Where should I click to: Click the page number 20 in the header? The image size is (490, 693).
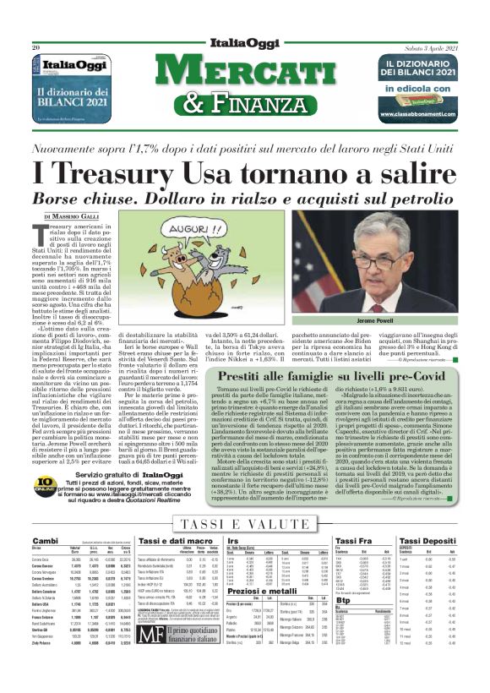(x=37, y=48)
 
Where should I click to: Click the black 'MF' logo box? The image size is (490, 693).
(x=150, y=654)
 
